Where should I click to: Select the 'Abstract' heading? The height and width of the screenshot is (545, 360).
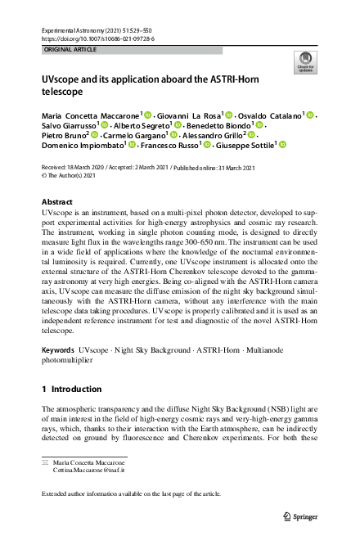[61, 201]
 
